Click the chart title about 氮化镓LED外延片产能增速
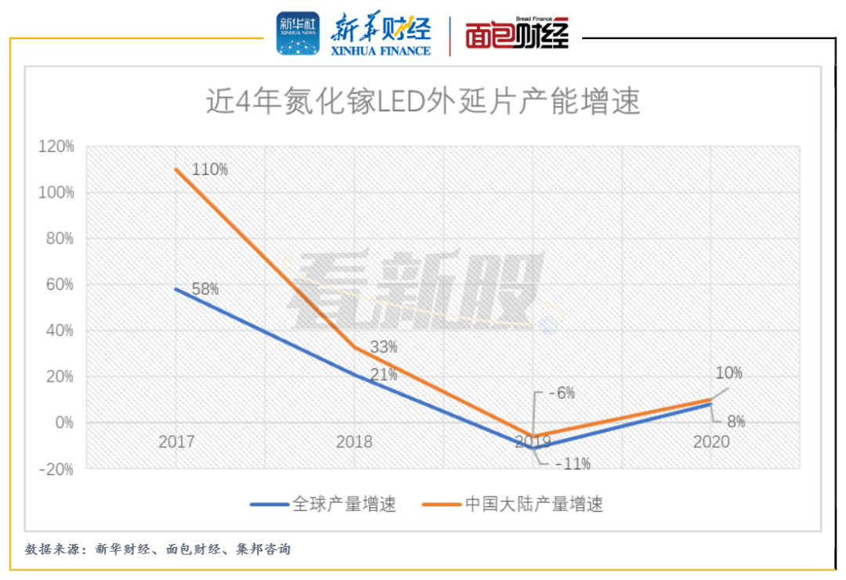tap(423, 102)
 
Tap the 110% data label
tap(211, 169)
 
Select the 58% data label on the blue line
tap(205, 289)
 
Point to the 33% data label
tap(383, 346)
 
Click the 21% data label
tap(384, 375)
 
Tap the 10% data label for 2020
tap(728, 373)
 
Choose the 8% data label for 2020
tap(736, 422)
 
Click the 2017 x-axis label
tap(175, 442)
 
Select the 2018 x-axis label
tap(354, 442)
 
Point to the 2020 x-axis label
tap(710, 442)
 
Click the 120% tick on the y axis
tap(57, 147)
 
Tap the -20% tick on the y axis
tap(57, 469)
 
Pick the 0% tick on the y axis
tap(63, 423)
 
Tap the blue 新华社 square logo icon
tap(298, 34)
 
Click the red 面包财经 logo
tap(517, 34)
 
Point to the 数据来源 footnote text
tap(157, 549)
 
